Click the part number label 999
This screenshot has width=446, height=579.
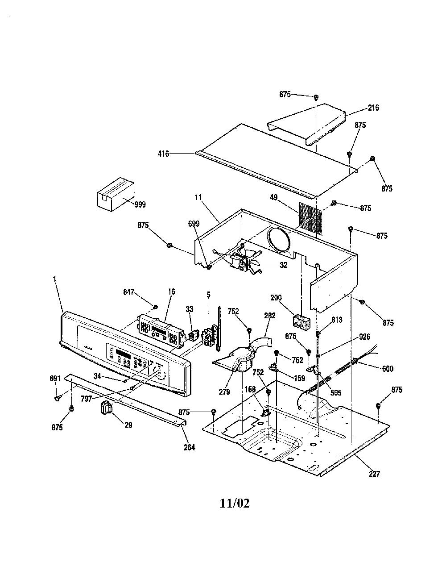[x=140, y=204]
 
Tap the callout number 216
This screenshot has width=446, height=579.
[x=373, y=108]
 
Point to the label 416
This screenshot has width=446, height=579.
[x=163, y=154]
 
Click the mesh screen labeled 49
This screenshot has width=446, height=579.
[x=310, y=219]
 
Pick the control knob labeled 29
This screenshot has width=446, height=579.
[x=106, y=408]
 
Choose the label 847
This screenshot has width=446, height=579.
[x=129, y=292]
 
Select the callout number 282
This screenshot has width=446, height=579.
[x=269, y=316]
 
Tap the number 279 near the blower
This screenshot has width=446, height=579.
[x=224, y=392]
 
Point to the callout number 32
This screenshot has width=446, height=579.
[x=284, y=265]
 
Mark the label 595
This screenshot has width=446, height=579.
[x=335, y=392]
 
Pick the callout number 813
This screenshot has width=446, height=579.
[x=336, y=320]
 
